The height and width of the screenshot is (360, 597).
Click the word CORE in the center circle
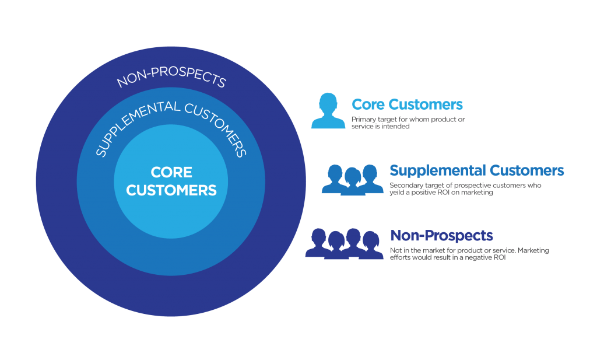[171, 173]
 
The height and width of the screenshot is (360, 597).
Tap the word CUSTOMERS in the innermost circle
[171, 190]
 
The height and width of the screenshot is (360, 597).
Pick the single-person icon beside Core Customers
[329, 111]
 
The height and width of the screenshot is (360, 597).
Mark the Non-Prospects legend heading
[441, 236]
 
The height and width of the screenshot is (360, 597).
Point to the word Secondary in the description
[402, 185]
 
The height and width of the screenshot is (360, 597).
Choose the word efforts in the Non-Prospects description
[399, 257]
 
